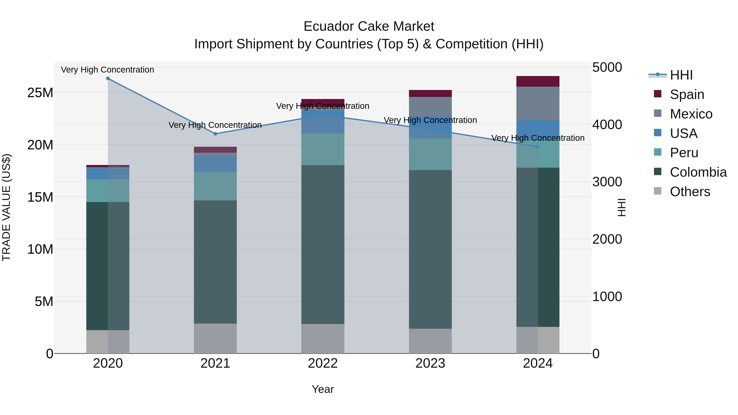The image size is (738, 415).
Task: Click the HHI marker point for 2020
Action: pyautogui.click(x=108, y=78)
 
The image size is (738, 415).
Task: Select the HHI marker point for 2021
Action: pyautogui.click(x=215, y=134)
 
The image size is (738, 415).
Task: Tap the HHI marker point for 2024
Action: pyautogui.click(x=538, y=147)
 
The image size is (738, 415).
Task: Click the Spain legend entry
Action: pyautogui.click(x=687, y=94)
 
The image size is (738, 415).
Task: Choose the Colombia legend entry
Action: pyautogui.click(x=698, y=172)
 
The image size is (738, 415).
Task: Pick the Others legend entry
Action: pyautogui.click(x=690, y=192)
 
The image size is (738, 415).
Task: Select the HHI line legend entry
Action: pyautogui.click(x=681, y=75)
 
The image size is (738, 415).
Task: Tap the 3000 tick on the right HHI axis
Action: pyautogui.click(x=607, y=182)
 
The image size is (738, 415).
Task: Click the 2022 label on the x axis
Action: pyautogui.click(x=323, y=363)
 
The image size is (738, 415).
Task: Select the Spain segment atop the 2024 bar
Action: pyautogui.click(x=538, y=81)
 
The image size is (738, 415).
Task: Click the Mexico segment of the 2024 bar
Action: pyautogui.click(x=538, y=103)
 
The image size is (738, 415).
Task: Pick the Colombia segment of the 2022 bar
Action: pyautogui.click(x=323, y=244)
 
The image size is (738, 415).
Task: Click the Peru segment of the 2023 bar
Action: pyautogui.click(x=430, y=154)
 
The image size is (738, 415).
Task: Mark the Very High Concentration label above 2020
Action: pyautogui.click(x=107, y=70)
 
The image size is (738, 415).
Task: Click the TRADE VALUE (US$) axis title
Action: pyautogui.click(x=6, y=207)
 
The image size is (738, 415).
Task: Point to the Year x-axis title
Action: pyautogui.click(x=323, y=389)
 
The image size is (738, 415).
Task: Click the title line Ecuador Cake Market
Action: pyautogui.click(x=369, y=26)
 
